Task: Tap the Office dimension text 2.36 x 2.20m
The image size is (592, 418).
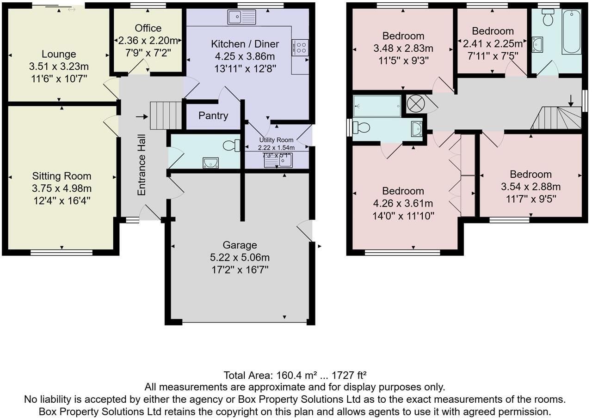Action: point(148,40)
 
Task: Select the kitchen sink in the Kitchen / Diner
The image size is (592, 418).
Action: point(241,18)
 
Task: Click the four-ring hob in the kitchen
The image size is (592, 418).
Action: point(300,47)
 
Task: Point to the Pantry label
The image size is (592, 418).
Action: point(213,115)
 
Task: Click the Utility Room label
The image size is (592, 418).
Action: point(276,140)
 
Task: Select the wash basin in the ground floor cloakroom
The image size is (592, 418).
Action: point(210,162)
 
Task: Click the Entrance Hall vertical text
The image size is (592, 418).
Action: point(142,165)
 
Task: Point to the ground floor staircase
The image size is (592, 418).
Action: point(165,115)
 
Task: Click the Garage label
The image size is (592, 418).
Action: point(240,245)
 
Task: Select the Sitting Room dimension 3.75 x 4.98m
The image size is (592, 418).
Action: point(62,188)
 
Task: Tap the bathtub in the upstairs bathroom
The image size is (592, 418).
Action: point(572,31)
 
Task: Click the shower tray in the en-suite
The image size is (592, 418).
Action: point(377,106)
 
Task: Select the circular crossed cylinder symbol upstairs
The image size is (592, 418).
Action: point(416,103)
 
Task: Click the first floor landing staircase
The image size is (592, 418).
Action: point(557,118)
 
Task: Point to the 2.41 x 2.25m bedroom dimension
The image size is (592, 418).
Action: point(493,43)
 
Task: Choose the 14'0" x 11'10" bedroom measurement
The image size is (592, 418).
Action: point(403,215)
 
